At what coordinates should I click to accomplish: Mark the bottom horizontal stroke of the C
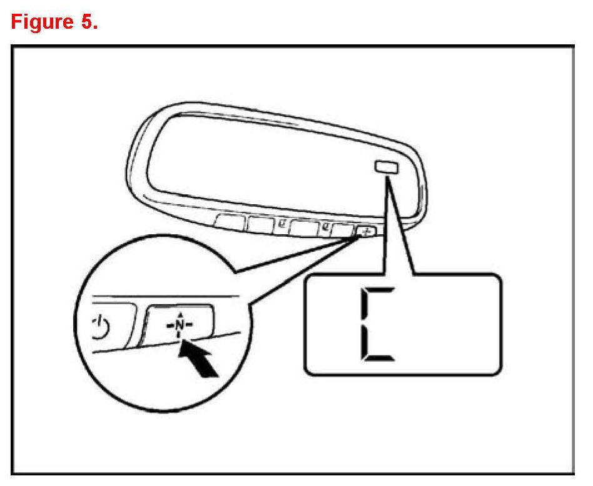pos(379,358)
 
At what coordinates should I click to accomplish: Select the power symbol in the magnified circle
pos(100,326)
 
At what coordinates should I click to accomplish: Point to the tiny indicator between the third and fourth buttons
pos(325,226)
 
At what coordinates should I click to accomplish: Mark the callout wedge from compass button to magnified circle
pos(294,262)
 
